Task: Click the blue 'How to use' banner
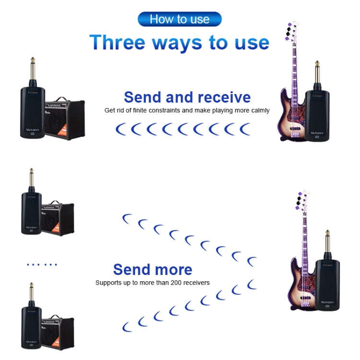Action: coord(180,19)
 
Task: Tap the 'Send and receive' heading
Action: coord(187,97)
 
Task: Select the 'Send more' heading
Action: coord(153,269)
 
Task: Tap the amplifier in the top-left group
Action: coord(64,120)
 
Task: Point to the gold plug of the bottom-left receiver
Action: coord(31,293)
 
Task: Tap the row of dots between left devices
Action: coord(42,264)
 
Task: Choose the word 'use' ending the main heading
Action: coord(251,42)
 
